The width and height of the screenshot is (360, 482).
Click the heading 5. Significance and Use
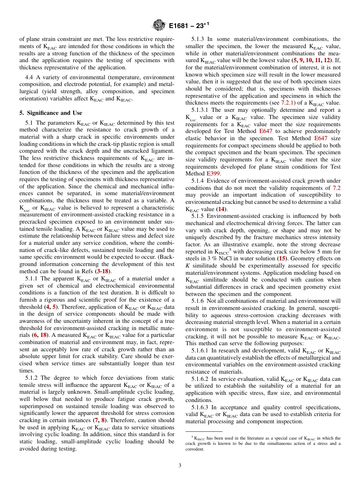click(x=51, y=113)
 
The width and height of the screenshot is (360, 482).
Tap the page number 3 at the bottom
click(x=180, y=465)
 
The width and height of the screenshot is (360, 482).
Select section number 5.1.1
click(x=33, y=279)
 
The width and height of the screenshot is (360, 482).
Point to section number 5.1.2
click(x=33, y=378)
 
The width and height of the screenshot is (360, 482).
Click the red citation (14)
click(x=221, y=209)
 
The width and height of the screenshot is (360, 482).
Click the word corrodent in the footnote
click(x=194, y=449)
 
